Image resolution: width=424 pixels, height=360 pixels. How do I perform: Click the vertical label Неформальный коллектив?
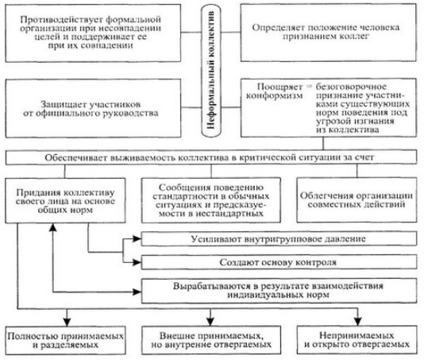[211, 70]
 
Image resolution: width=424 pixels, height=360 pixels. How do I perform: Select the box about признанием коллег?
[328, 33]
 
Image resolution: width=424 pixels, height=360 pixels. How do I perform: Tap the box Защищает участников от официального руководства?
[93, 108]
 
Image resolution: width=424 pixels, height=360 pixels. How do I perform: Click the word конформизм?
[274, 96]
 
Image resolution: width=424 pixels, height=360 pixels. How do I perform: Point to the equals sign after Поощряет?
[309, 87]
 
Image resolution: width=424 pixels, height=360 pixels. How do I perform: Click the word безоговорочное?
[351, 87]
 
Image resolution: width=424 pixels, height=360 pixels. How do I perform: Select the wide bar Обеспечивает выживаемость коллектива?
[211, 157]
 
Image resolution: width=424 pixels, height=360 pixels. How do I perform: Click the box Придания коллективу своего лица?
[65, 200]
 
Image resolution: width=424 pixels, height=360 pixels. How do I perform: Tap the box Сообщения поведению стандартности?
[211, 200]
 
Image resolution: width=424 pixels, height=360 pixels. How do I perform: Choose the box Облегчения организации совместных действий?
[357, 200]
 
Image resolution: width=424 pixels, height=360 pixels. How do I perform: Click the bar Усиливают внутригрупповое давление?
[279, 239]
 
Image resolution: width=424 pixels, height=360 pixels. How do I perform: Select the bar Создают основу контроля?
[279, 262]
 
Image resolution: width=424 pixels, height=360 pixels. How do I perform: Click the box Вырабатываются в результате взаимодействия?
[279, 291]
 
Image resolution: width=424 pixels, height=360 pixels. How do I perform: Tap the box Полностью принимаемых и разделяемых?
[65, 340]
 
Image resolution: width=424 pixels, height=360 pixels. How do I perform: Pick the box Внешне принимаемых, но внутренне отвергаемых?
[211, 340]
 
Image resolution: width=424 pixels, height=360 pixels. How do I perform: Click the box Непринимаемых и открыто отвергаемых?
[357, 340]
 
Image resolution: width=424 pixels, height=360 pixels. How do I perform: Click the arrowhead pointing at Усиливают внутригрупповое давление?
[137, 238]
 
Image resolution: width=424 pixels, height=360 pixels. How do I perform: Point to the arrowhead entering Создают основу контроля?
[137, 262]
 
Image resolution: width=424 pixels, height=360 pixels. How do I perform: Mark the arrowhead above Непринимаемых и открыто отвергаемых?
[358, 321]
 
